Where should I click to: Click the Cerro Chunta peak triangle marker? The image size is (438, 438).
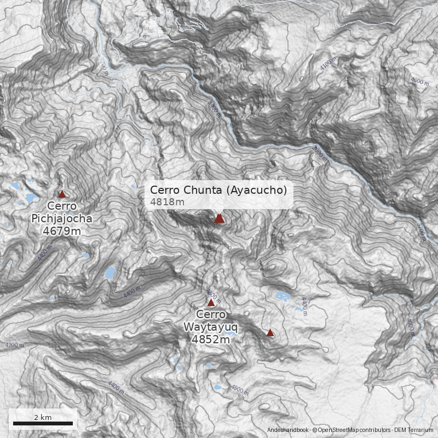point(219,218)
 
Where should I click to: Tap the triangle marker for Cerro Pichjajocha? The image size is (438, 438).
point(62,194)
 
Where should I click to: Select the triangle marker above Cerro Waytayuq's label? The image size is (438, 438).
point(211,302)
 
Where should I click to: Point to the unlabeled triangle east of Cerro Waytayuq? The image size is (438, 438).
point(270,332)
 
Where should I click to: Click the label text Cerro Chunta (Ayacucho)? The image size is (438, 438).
point(218,190)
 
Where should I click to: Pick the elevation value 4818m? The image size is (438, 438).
point(167,202)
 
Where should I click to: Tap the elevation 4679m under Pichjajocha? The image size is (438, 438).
point(62,230)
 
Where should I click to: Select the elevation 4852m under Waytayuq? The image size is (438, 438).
point(210,339)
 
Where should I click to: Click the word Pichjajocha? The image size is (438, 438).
point(62,218)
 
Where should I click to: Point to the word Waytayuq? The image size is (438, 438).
point(211,327)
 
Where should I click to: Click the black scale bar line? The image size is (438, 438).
point(43,423)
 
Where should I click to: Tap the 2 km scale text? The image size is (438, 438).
point(43,417)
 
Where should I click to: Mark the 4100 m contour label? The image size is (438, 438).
point(326,64)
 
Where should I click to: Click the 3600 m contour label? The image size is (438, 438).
point(320,153)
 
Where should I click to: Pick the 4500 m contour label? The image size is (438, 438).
point(240,389)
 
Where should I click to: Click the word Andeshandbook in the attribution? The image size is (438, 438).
point(288,431)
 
